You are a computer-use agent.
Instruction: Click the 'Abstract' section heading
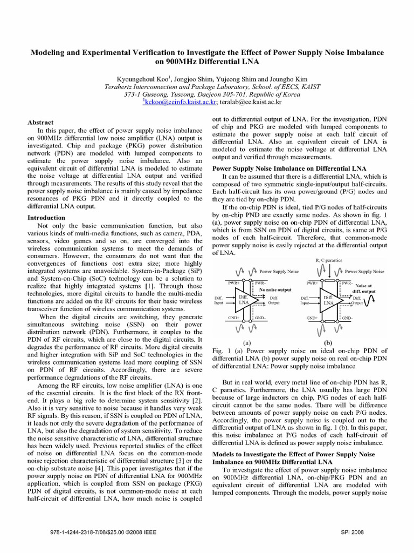42,123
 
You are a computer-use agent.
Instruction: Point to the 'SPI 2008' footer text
353,532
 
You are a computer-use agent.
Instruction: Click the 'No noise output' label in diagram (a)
275,290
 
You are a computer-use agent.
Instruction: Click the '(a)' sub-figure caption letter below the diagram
246,342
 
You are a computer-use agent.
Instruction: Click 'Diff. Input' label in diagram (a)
218,301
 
